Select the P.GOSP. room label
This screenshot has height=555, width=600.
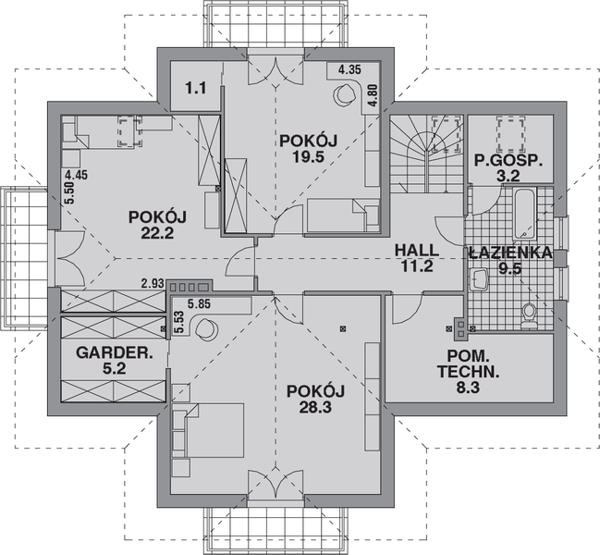pyautogui.click(x=508, y=159)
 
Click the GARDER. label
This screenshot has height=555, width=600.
pyautogui.click(x=108, y=352)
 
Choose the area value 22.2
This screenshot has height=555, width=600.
pyautogui.click(x=158, y=232)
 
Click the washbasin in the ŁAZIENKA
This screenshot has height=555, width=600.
pyautogui.click(x=480, y=277)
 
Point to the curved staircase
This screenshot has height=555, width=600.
pyautogui.click(x=425, y=148)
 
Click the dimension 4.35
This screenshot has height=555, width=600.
pyautogui.click(x=349, y=70)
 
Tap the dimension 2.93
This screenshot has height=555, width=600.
pyautogui.click(x=153, y=283)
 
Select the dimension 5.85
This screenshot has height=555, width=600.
pyautogui.click(x=199, y=302)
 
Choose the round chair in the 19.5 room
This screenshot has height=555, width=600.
pyautogui.click(x=347, y=92)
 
